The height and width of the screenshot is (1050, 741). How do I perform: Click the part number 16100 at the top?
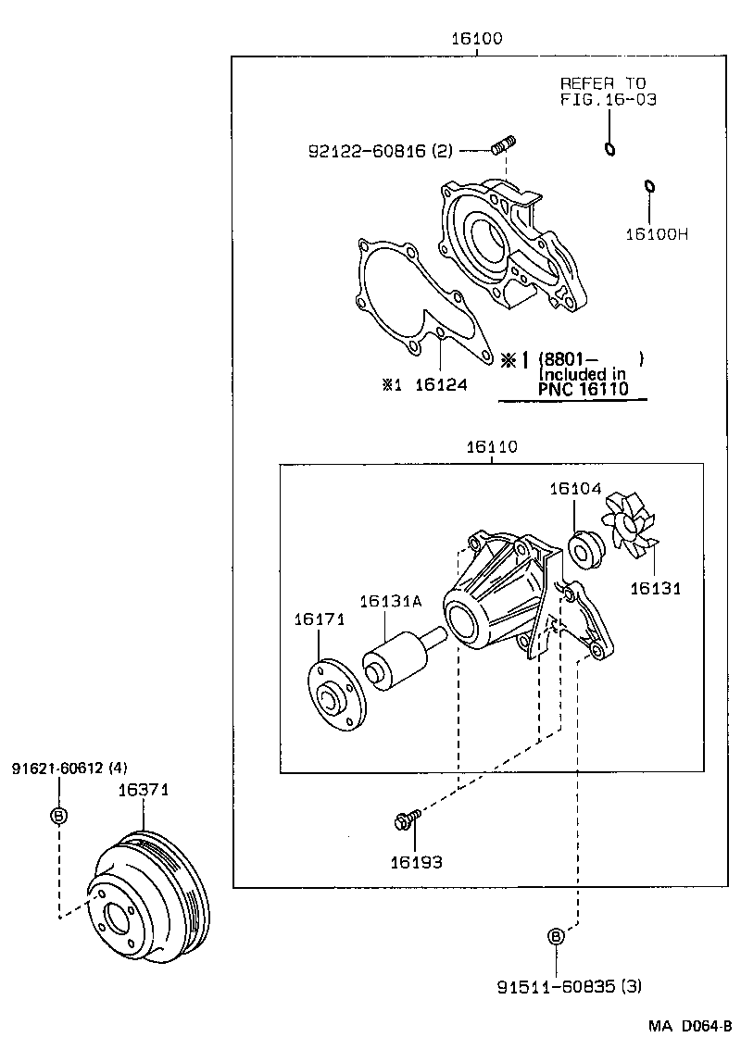476,38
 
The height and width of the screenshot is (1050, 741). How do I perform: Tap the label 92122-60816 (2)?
381,150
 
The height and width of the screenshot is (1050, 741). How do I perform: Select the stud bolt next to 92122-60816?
504,147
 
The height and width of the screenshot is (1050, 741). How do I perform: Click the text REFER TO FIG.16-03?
608,91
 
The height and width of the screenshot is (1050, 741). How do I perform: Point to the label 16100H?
655,234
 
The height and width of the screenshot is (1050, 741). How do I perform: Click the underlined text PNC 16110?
583,389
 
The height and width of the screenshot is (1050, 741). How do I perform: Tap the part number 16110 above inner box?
491,447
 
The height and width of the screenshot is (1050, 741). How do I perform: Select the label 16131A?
390,601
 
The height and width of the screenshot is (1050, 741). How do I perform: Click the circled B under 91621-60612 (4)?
58,816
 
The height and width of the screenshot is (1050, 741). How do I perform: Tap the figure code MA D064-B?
690,1027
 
